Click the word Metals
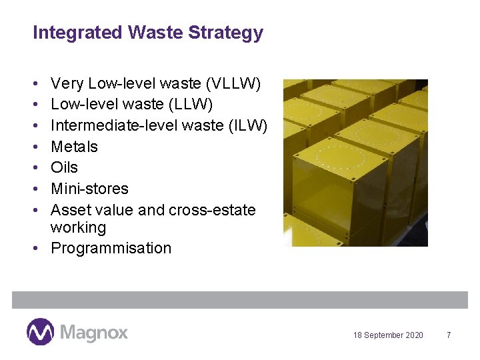tap(74, 147)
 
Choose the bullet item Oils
tap(64, 167)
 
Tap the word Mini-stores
tap(89, 189)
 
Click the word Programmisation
tap(111, 248)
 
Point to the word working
tap(78, 227)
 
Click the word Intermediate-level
tap(111, 125)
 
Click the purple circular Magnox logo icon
tap(40, 331)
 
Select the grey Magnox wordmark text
tap(93, 332)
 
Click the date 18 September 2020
tap(388, 335)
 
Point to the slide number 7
tap(449, 335)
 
